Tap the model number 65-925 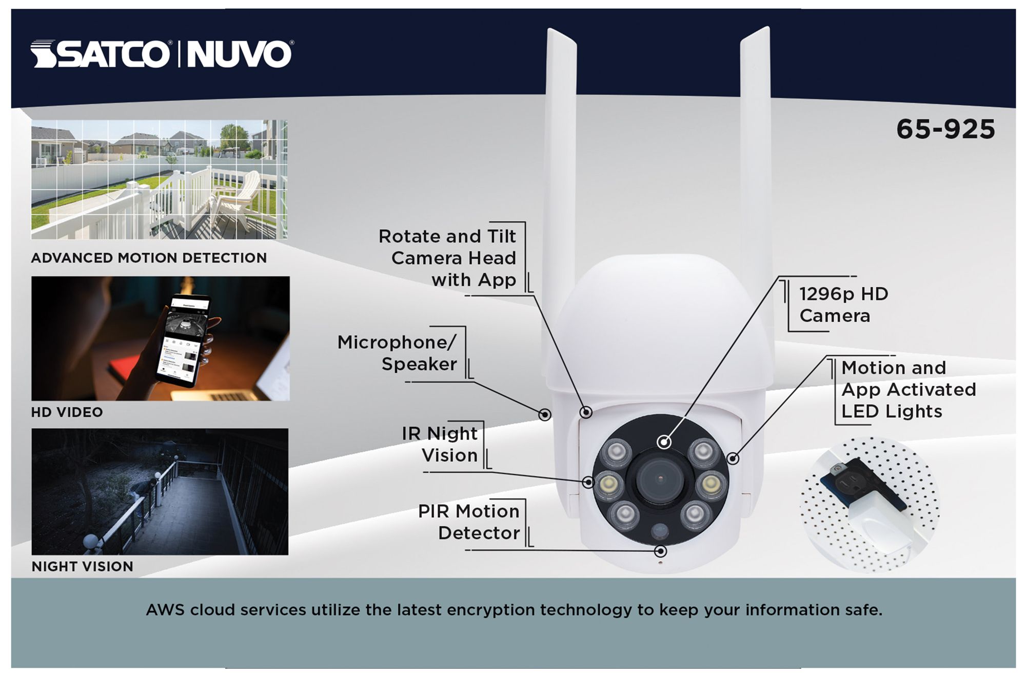(945, 129)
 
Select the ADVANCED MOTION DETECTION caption (149, 258)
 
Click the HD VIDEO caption (67, 412)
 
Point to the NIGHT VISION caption (83, 567)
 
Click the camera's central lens (660, 481)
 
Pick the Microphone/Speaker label (397, 353)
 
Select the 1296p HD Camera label (843, 305)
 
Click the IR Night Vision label (440, 444)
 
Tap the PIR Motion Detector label (469, 522)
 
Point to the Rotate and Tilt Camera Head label (447, 258)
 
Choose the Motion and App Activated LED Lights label (909, 389)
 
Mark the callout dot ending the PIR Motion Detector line (661, 551)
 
